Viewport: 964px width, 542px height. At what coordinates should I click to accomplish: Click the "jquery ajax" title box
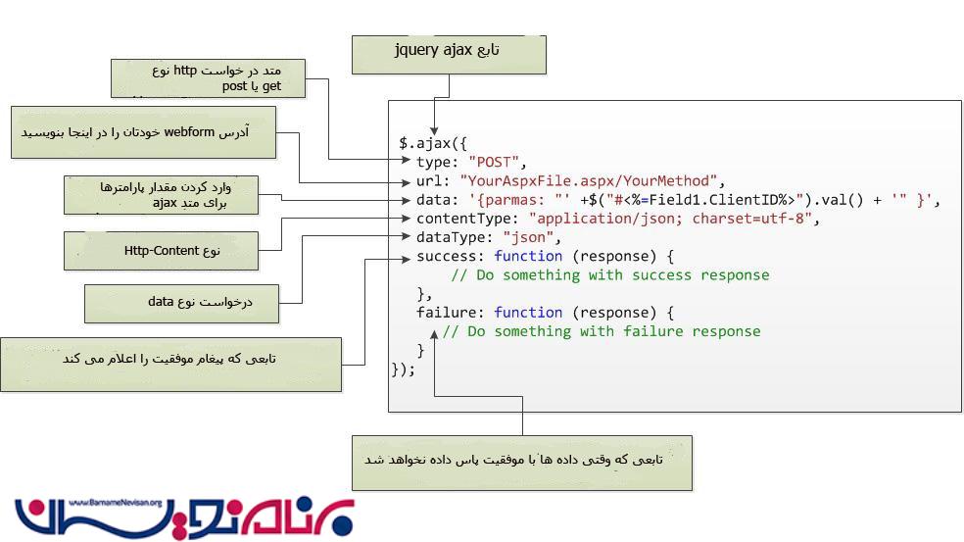(449, 54)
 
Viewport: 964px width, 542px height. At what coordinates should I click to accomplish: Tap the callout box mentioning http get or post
(209, 78)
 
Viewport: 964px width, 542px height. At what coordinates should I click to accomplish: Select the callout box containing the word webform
(143, 132)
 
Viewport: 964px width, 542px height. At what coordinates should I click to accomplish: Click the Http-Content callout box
(161, 250)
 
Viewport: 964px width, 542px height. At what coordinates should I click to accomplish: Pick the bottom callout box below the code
(521, 463)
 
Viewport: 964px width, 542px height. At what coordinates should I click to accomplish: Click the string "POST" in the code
(498, 162)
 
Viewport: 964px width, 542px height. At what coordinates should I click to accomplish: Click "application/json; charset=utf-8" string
(671, 219)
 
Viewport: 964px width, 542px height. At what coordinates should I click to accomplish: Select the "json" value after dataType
(530, 237)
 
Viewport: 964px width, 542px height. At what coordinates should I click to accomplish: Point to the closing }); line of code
(403, 370)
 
